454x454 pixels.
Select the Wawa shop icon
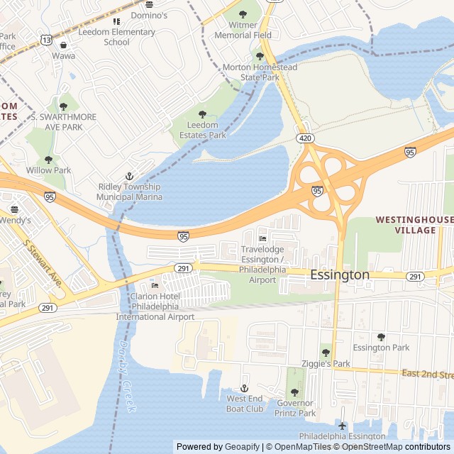pyautogui.click(x=63, y=45)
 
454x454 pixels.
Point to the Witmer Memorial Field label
pyautogui.click(x=243, y=30)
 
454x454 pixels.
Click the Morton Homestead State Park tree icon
pyautogui.click(x=260, y=56)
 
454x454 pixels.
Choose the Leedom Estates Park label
pyautogui.click(x=202, y=130)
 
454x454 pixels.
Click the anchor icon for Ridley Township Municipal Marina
pyautogui.click(x=129, y=175)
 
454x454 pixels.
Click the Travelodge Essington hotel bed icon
pyautogui.click(x=262, y=238)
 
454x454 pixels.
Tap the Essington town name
pyautogui.click(x=340, y=275)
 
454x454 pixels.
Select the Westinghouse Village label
pyautogui.click(x=414, y=225)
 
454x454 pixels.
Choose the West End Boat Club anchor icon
pyautogui.click(x=245, y=388)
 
